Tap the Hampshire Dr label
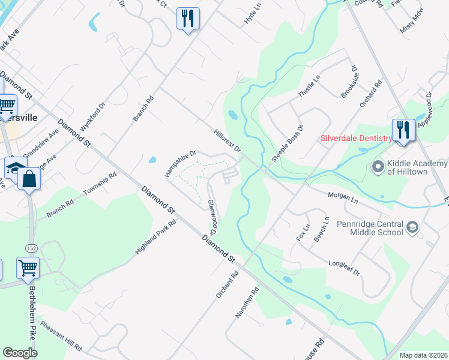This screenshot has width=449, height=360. [181, 163]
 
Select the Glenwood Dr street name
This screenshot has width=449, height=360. [211, 217]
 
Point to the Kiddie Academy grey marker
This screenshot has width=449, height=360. [378, 165]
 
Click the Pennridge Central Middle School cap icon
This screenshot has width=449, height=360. [412, 227]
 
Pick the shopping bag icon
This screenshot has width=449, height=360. [29, 178]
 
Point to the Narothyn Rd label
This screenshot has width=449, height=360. [249, 302]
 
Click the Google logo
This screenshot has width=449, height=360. [20, 353]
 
